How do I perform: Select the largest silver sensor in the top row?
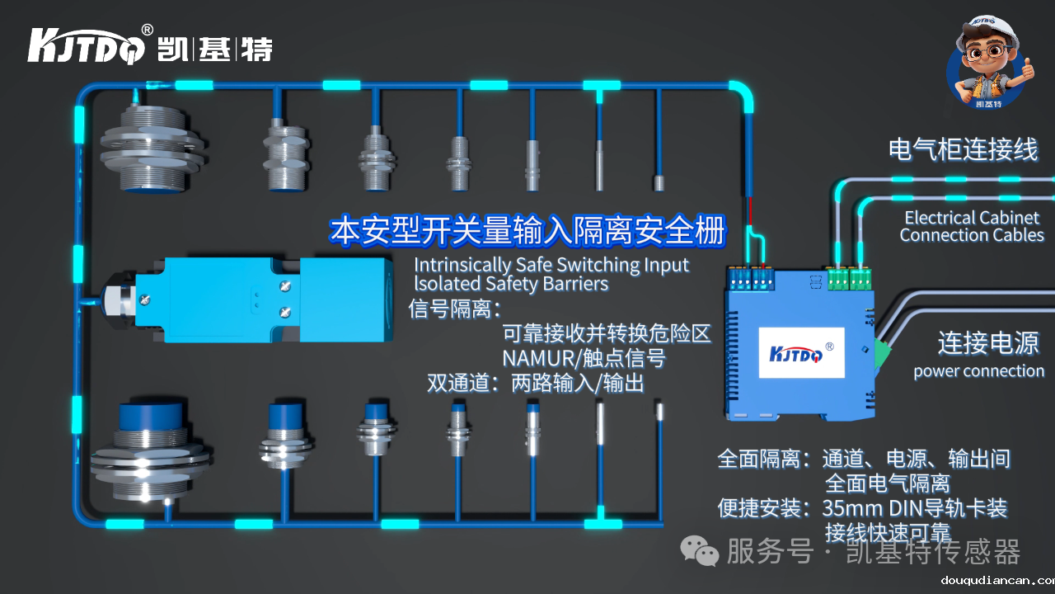pyautogui.click(x=152, y=148)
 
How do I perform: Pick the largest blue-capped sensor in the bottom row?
pyautogui.click(x=152, y=452)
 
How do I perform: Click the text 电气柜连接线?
pyautogui.click(x=963, y=149)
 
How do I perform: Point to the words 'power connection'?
pyautogui.click(x=978, y=371)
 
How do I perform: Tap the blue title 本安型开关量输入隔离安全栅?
pyautogui.click(x=527, y=231)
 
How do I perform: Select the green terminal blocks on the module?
pyautogui.click(x=849, y=279)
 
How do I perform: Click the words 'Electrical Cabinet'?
pyautogui.click(x=972, y=218)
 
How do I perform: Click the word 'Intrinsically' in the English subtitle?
pyautogui.click(x=462, y=265)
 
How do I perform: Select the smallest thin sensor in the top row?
pyautogui.click(x=659, y=182)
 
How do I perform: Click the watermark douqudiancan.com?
pyautogui.click(x=996, y=580)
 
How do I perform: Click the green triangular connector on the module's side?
pyautogui.click(x=881, y=352)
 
